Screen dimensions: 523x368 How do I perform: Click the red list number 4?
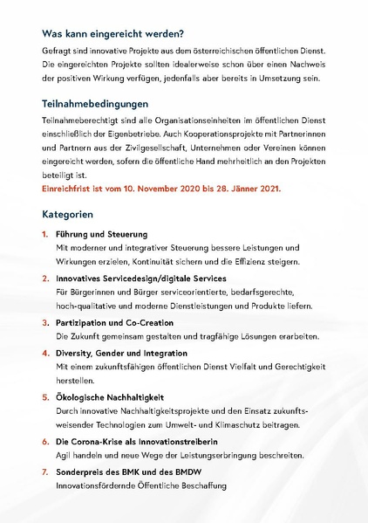coord(45,354)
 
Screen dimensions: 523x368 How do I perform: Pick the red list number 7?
coord(45,472)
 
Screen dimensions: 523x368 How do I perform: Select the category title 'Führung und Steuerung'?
coord(101,235)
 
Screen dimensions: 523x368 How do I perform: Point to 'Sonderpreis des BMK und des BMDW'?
coord(126,472)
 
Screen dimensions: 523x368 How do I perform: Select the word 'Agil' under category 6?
coord(64,455)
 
